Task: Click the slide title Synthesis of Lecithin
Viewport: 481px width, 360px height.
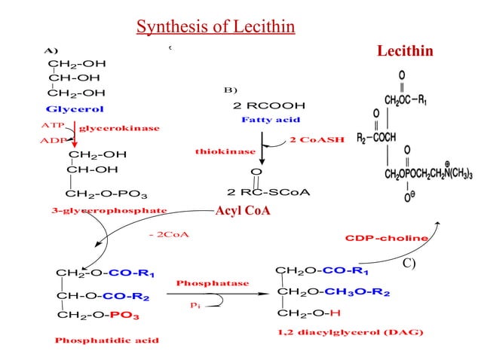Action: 215,28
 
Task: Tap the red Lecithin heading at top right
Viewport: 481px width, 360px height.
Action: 405,50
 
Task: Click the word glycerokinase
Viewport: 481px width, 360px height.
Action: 119,129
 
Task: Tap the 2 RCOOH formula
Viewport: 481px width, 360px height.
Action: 269,105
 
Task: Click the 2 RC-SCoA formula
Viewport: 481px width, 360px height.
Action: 268,192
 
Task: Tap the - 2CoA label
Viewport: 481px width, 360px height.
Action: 170,235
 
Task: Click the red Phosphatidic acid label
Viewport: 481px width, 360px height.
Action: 106,340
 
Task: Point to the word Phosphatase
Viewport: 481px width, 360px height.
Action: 212,282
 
